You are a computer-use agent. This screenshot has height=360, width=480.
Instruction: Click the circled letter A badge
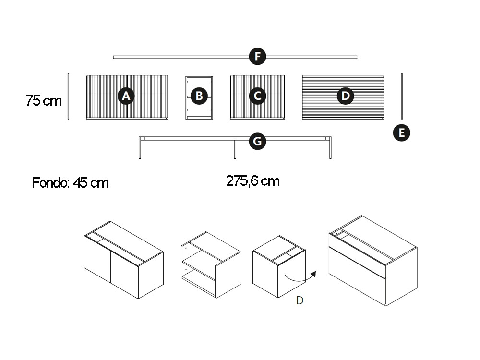[x=126, y=96]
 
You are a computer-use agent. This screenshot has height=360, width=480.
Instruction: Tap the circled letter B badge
[x=199, y=96]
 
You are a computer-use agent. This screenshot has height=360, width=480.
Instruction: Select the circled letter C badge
[x=257, y=96]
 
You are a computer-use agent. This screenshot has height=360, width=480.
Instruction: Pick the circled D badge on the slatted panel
[x=345, y=96]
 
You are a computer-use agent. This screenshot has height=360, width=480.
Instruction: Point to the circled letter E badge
[x=402, y=133]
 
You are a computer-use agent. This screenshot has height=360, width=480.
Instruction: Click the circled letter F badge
[x=257, y=57]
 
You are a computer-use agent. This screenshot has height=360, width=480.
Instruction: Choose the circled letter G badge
[x=257, y=142]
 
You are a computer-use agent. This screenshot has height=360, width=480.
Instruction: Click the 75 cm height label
[x=44, y=101]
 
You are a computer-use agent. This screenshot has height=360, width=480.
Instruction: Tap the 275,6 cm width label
[x=253, y=181]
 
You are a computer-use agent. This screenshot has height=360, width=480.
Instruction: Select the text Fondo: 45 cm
[x=71, y=183]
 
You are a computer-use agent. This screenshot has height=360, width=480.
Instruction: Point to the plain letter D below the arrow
[x=300, y=300]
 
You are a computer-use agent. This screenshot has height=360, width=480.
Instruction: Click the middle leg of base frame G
[x=235, y=149]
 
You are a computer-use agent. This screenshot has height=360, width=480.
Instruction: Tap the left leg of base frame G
[x=140, y=148]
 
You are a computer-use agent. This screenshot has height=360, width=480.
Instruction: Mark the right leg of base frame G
[x=330, y=148]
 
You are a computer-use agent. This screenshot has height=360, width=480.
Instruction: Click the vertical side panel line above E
[x=402, y=96]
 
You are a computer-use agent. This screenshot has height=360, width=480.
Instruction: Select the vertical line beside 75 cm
[x=68, y=96]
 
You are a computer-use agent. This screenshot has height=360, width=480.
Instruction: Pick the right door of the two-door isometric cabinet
[x=124, y=274]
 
